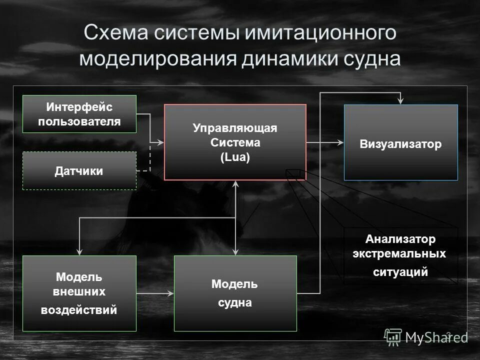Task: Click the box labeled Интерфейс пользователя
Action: (79, 114)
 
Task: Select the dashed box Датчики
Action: (79, 171)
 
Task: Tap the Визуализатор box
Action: (400, 144)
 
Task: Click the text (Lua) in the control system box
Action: (235, 156)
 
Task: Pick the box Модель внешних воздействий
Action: (79, 293)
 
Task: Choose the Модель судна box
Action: (235, 293)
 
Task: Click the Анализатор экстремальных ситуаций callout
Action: (400, 256)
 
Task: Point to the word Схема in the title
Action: (116, 34)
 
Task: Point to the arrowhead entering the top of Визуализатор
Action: (400, 101)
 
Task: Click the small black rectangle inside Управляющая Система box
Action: (293, 173)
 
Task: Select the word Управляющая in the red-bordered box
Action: (235, 128)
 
